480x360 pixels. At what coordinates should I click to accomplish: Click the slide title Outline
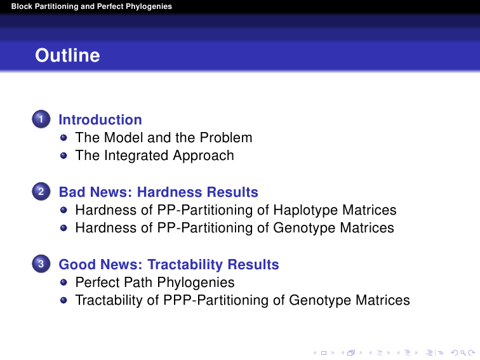[67, 55]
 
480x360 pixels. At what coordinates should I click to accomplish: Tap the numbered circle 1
[41, 119]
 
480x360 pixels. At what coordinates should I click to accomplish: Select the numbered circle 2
[41, 191]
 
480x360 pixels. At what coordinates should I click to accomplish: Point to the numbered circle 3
[41, 264]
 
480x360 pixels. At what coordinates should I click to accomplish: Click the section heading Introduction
[100, 120]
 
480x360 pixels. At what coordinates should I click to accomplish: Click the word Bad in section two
[70, 192]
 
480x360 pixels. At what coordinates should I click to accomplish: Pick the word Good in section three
[77, 265]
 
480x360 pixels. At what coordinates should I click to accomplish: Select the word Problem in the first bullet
[226, 137]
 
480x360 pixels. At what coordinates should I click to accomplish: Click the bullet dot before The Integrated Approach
[63, 156]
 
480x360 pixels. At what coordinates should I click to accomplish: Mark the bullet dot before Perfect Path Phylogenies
[63, 283]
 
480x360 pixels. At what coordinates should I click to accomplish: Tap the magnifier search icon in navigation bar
[463, 353]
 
